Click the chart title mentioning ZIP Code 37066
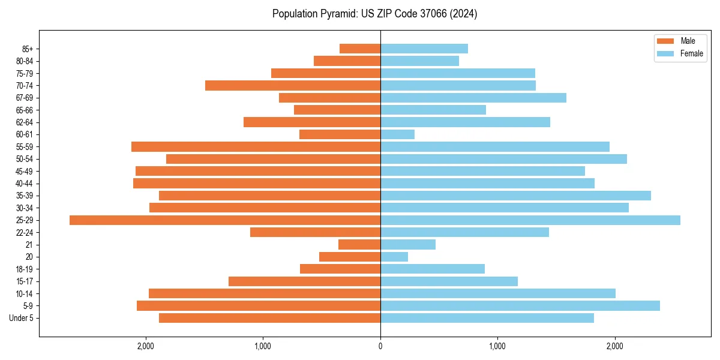pos(374,14)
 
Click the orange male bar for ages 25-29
pos(225,220)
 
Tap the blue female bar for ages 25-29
pos(530,220)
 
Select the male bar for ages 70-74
pos(293,86)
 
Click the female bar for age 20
pos(394,257)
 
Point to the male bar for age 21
pos(359,245)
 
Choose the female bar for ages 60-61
pos(397,134)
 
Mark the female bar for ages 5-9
pos(520,306)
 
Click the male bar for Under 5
pos(269,318)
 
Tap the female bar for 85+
pos(424,49)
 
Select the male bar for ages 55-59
pos(256,147)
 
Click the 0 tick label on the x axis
pos(380,346)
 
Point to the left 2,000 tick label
pos(146,346)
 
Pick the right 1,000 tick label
pos(497,346)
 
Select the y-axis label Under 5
pos(22,318)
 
